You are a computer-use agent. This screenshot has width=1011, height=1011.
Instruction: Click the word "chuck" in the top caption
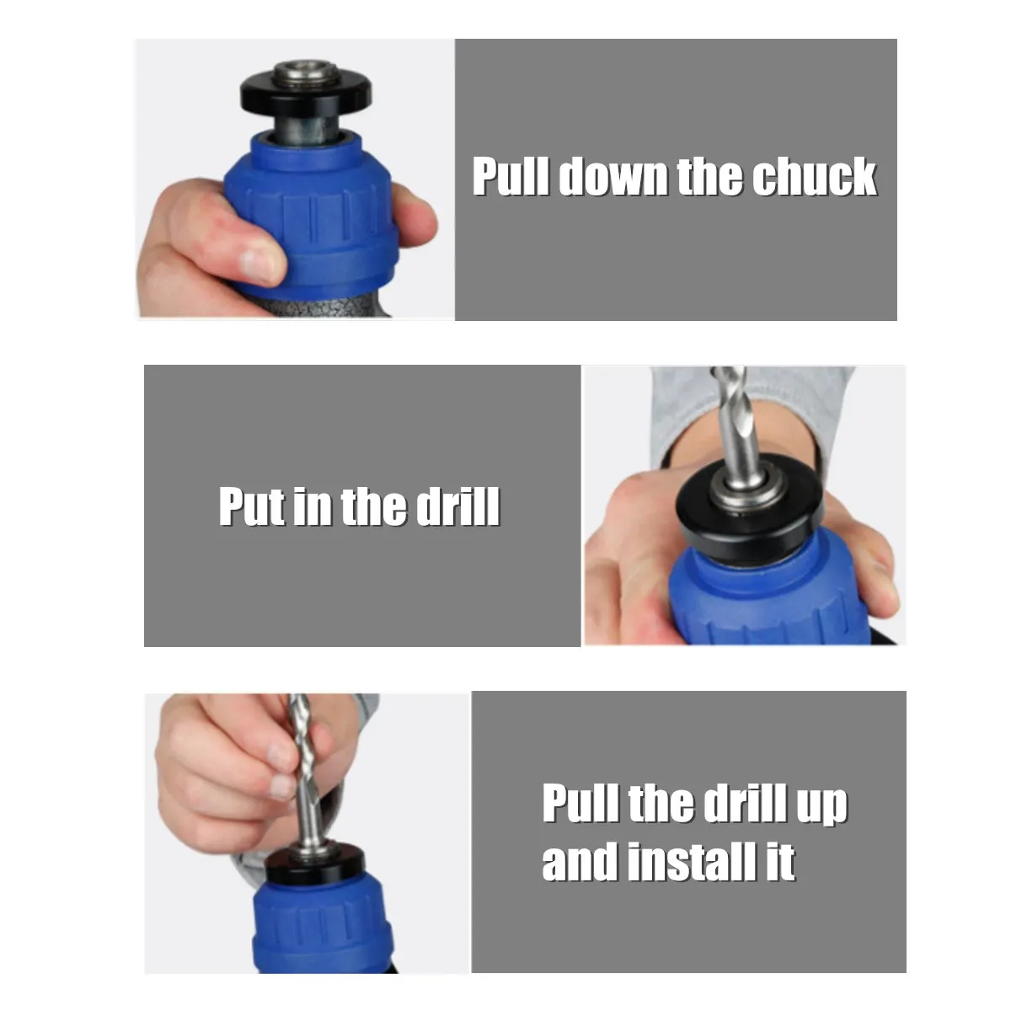[814, 176]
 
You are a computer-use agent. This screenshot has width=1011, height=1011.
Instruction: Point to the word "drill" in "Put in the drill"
[458, 505]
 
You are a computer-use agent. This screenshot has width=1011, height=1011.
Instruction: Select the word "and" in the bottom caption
[580, 861]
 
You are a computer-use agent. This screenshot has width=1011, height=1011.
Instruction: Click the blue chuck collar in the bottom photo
[322, 926]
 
